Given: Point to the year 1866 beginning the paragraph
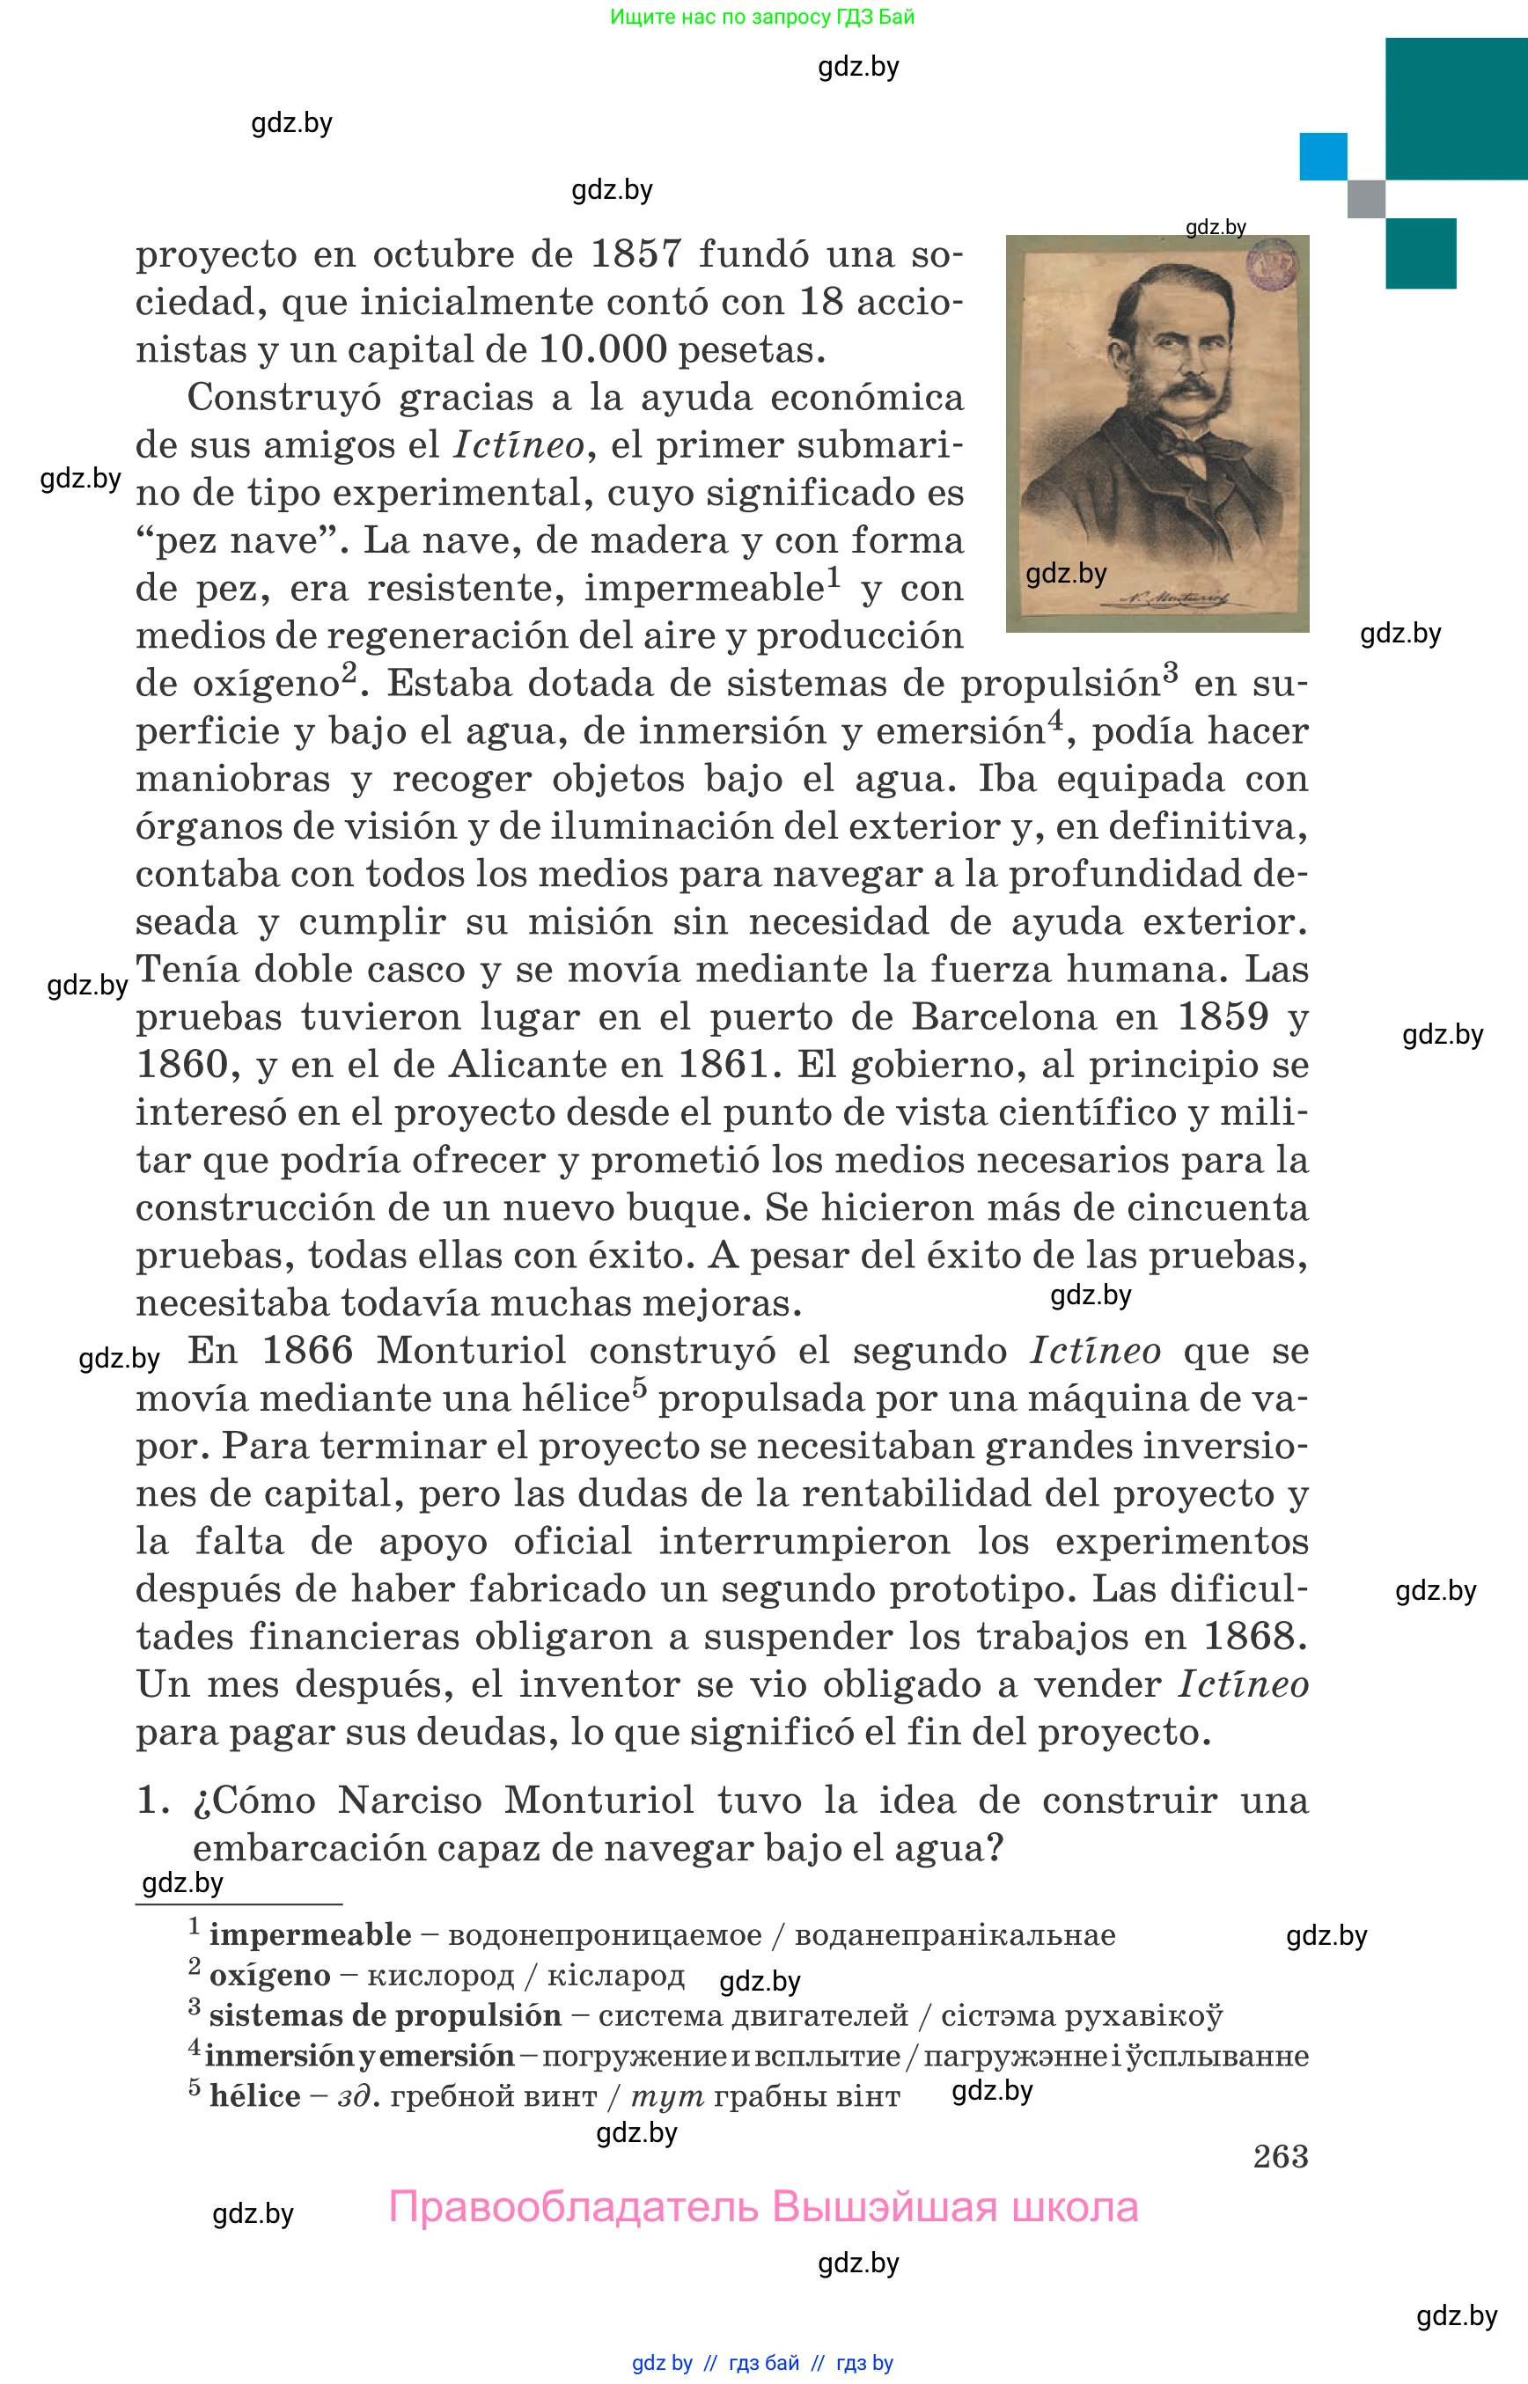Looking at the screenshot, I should pos(306,1351).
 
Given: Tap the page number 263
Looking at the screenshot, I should pos(1280,2156).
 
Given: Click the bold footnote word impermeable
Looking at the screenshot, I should pos(310,1935).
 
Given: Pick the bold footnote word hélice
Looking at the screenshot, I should pos(255,2096).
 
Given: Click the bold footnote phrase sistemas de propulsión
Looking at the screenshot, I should pos(385,2016).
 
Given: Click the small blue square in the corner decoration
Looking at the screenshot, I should pos(1323,157).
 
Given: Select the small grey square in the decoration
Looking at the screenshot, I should pos(1365,198).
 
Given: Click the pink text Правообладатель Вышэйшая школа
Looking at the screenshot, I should pos(762,2207).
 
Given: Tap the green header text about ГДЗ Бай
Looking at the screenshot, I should pos(762,17).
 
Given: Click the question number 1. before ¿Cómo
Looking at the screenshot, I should pos(153,1801).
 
